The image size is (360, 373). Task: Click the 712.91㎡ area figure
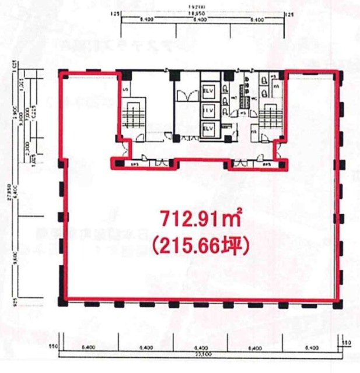click(201, 221)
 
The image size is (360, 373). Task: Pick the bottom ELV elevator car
click(208, 128)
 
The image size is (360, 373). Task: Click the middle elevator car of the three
click(208, 109)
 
